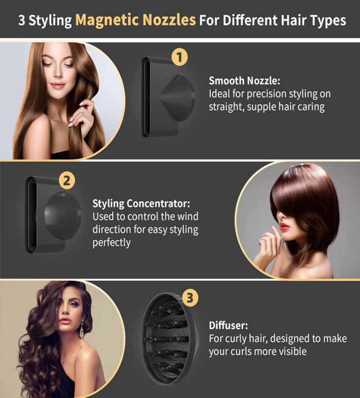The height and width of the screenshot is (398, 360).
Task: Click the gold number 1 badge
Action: pos(179,56)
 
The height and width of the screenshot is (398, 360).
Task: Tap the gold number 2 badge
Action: pos(67,181)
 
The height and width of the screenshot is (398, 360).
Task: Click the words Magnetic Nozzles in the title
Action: pos(136,20)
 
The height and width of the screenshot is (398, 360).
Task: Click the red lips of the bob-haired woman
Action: pos(284,226)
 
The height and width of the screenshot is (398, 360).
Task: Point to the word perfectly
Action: pos(112,242)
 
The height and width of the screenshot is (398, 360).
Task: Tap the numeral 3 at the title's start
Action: pos(22,20)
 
